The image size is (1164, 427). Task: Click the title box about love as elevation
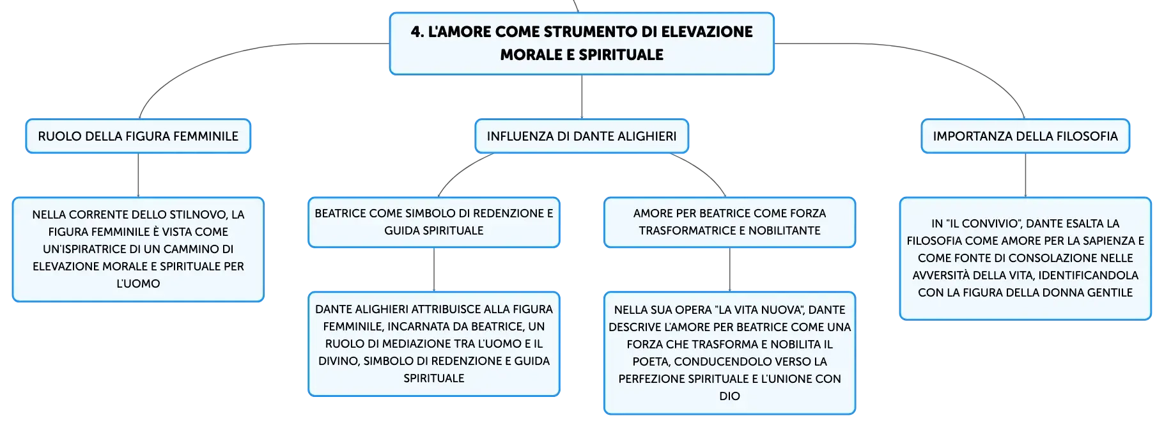pos(582,43)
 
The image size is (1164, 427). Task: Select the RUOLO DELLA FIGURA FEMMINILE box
pos(138,136)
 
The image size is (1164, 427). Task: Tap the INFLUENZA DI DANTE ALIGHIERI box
pos(582,136)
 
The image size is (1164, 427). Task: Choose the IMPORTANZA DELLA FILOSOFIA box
pos(1025,136)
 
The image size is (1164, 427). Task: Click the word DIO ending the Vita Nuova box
pos(729,396)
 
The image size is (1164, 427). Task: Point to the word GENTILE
pos(1110,293)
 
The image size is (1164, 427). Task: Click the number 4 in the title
pos(417,32)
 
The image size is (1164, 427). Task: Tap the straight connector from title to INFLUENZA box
pos(582,97)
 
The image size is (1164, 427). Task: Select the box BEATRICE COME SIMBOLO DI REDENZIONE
pos(434,222)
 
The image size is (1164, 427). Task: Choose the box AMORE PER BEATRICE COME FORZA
pos(729,222)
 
